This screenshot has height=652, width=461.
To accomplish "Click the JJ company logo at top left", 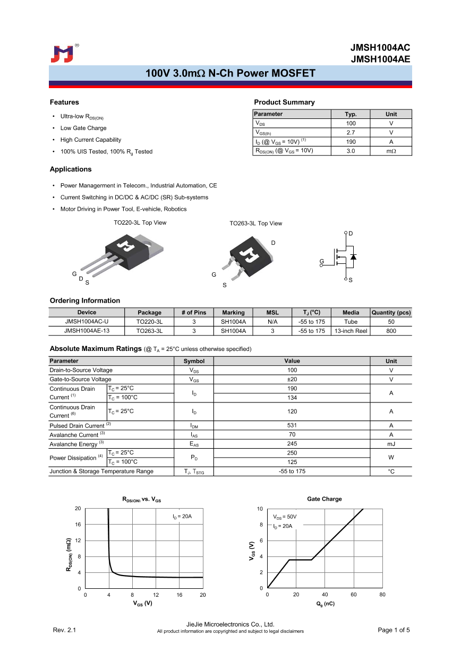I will tap(62, 54).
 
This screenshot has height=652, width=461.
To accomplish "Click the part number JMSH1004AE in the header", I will tap(380, 59).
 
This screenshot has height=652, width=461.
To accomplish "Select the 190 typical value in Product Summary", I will tap(351, 142).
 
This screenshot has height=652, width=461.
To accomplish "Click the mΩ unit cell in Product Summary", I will tap(391, 151).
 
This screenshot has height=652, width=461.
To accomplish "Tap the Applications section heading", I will tap(71, 169).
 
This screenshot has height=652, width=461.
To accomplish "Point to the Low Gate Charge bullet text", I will tap(83, 128).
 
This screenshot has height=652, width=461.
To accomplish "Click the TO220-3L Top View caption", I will tap(140, 223).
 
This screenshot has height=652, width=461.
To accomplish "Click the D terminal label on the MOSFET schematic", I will tap(351, 234).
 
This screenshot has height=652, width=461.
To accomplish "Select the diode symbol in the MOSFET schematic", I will tap(354, 257).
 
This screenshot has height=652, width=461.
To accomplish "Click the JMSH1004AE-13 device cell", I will tap(87, 331).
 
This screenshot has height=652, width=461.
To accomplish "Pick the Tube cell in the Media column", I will tap(351, 322).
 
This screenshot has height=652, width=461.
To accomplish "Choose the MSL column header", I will tap(272, 313).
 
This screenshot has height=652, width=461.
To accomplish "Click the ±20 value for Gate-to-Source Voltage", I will tap(292, 380).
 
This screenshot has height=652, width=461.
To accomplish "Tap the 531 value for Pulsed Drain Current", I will tap(292, 425).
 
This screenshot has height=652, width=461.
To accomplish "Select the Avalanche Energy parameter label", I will tap(74, 444).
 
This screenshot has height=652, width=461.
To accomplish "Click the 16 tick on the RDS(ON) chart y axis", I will tap(78, 525).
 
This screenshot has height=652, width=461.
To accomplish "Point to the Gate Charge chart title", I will tap(324, 499).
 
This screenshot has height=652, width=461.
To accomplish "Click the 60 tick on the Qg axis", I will tap(354, 595).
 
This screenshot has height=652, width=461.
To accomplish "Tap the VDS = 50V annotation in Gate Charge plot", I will tap(285, 517).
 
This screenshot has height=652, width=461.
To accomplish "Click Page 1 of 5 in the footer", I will tap(394, 630).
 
